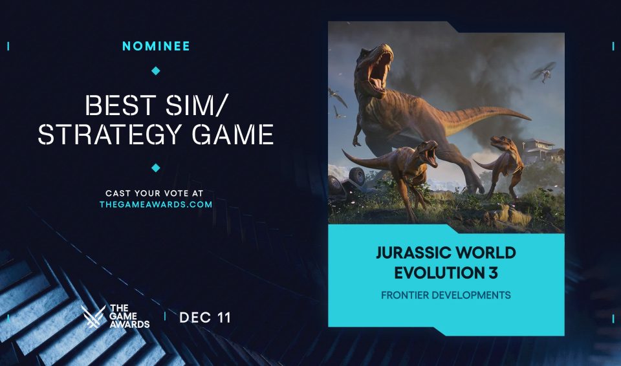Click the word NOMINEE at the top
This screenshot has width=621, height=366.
(x=155, y=46)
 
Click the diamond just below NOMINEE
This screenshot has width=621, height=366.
(x=155, y=70)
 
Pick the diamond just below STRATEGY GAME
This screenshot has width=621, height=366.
(x=155, y=168)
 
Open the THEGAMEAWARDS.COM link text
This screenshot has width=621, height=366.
(x=155, y=204)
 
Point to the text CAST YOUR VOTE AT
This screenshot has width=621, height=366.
(x=155, y=193)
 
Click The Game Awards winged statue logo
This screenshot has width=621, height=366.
(x=94, y=317)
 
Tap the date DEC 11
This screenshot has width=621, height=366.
(x=205, y=318)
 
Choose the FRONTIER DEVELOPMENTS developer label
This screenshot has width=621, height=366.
(x=446, y=296)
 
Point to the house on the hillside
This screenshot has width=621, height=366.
(x=544, y=151)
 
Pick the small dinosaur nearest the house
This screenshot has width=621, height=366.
(x=506, y=162)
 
